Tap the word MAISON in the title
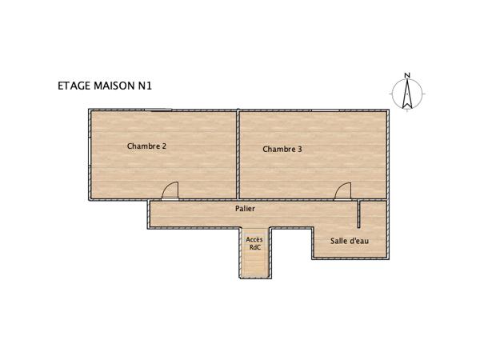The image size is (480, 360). click(117, 83)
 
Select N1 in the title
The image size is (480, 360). click(146, 83)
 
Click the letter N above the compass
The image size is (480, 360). click(407, 76)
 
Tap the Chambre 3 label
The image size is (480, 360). click(282, 149)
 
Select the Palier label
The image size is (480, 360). click(245, 208)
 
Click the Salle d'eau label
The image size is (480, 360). click(350, 240)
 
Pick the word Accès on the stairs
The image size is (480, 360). click(254, 239)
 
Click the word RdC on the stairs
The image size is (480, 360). click(254, 247)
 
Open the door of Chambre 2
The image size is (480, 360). click(170, 190)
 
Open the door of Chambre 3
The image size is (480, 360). click(343, 190)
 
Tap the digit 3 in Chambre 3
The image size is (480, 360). click(299, 149)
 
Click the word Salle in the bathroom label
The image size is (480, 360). click(339, 240)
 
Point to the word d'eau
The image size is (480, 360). click(359, 240)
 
